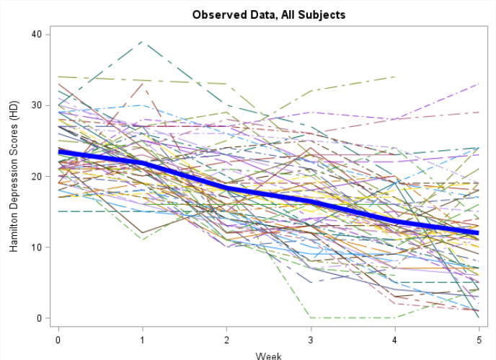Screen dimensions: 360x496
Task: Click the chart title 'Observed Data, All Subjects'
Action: point(268,14)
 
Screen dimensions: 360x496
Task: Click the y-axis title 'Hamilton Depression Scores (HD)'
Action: point(14,176)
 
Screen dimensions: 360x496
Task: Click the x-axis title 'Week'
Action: point(268,355)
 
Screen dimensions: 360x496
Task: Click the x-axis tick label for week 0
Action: point(58,338)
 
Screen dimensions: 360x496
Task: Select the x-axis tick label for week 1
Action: point(142,338)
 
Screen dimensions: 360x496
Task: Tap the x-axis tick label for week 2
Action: point(226,338)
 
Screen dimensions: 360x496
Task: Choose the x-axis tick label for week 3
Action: point(310,338)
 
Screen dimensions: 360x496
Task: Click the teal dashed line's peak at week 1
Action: point(142,42)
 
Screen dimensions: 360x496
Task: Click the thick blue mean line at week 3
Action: point(310,201)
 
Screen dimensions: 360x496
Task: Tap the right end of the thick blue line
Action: point(477,233)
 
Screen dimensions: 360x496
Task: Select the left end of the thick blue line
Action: point(59,152)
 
